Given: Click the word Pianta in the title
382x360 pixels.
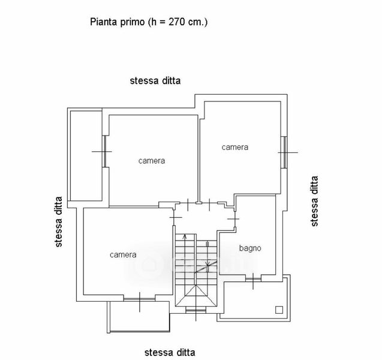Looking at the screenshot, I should [103, 22].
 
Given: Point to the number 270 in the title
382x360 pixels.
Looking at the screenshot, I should [174, 22].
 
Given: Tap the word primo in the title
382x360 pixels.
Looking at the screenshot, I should [132, 22].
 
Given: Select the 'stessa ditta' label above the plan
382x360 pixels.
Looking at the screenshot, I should [155, 80].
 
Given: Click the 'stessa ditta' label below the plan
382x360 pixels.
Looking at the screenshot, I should [170, 352].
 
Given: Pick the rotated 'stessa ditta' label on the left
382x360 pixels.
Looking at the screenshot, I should [58, 222].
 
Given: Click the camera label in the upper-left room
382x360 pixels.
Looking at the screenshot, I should [152, 161].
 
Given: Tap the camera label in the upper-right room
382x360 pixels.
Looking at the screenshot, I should [234, 147].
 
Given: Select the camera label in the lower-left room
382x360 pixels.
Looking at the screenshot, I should [123, 254].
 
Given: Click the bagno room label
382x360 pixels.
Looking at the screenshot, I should [250, 248].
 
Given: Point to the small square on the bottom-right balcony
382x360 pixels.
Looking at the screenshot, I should [278, 310].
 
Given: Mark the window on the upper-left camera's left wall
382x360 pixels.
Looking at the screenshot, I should [104, 152].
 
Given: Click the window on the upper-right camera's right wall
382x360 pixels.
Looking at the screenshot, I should [284, 152].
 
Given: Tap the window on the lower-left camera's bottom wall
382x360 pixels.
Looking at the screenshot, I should [139, 298].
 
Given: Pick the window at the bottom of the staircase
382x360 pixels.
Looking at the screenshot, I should [194, 310].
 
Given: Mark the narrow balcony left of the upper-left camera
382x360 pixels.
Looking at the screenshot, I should [86, 156].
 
